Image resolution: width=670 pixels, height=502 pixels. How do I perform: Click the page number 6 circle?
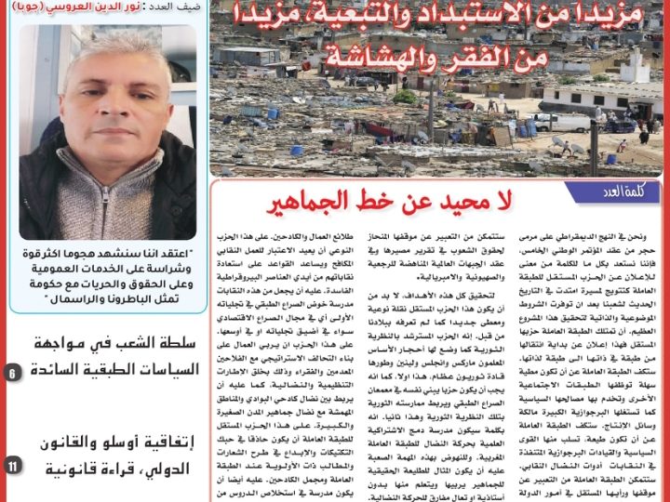click(x=11, y=373)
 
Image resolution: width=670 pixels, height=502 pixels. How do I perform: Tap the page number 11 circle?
click(x=11, y=463)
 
